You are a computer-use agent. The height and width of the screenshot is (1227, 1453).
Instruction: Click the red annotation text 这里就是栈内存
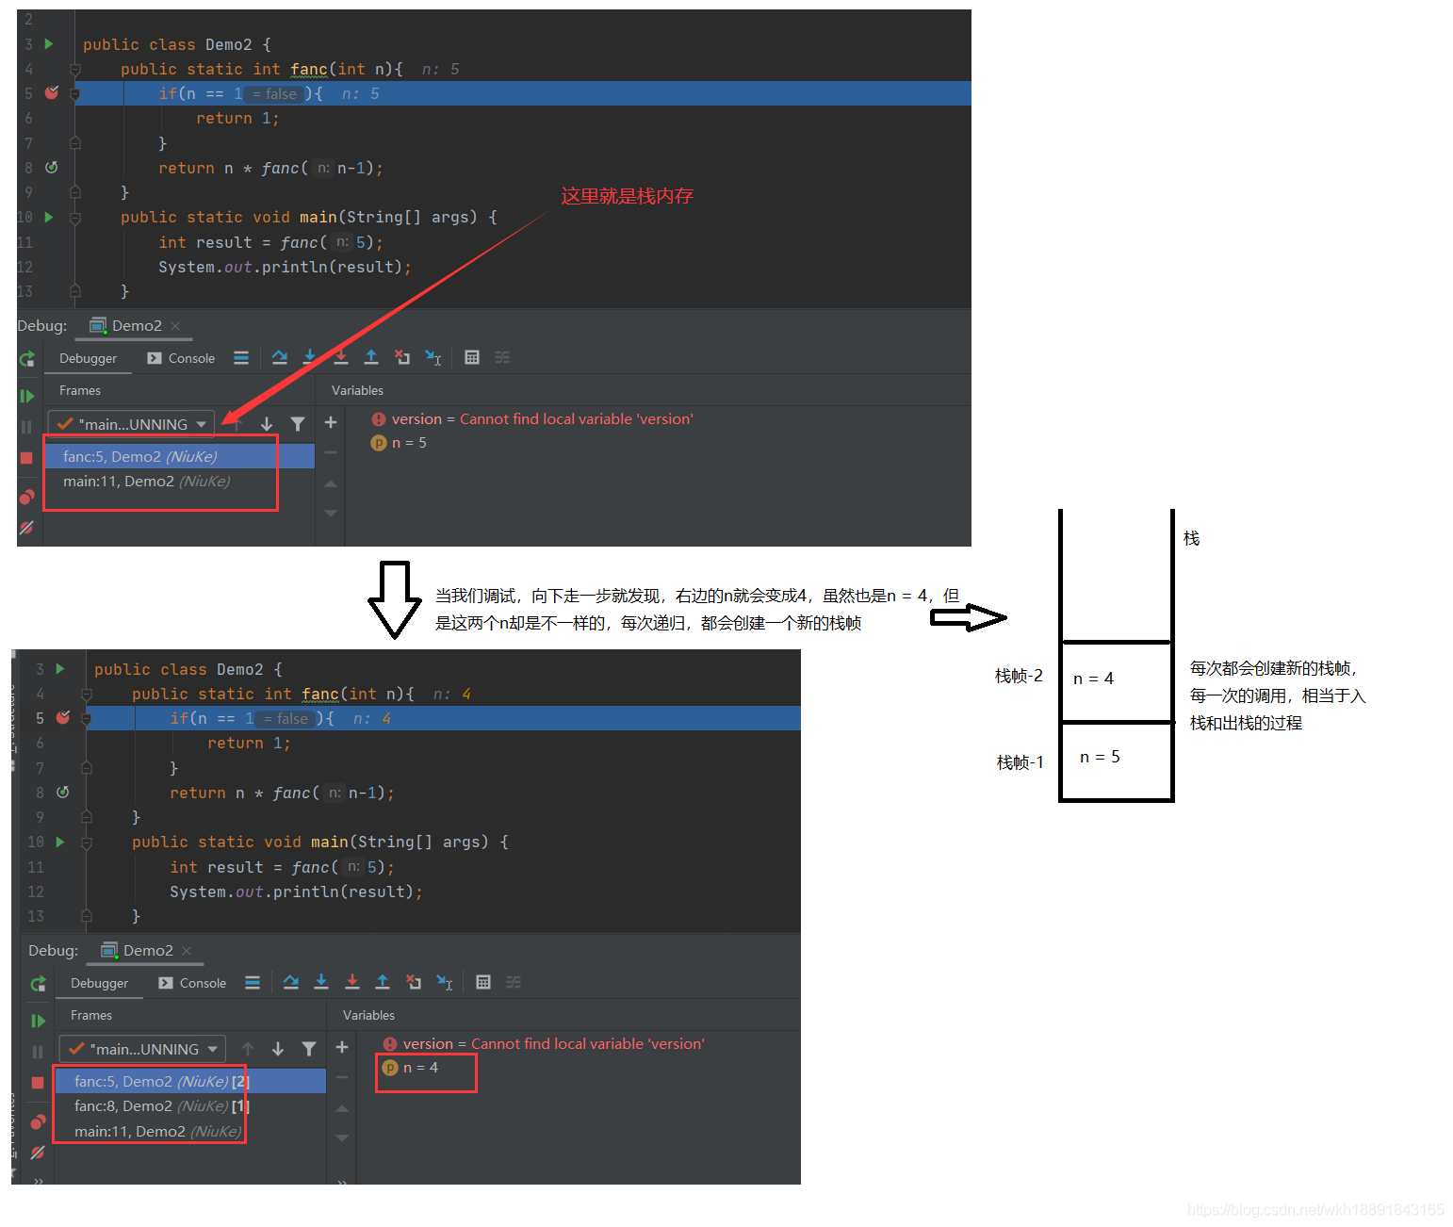[x=627, y=196]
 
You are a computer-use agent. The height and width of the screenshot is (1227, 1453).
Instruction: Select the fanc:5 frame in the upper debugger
[x=139, y=456]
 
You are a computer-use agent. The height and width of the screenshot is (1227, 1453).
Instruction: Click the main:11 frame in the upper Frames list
[x=146, y=482]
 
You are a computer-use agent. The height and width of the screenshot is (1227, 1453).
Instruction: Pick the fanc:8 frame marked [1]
[x=161, y=1105]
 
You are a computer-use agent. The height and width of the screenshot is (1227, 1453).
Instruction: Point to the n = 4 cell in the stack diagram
[x=1116, y=680]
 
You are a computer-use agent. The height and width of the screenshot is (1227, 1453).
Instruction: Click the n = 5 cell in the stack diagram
[x=1116, y=761]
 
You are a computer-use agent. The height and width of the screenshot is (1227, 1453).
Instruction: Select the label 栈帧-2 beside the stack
[x=1018, y=676]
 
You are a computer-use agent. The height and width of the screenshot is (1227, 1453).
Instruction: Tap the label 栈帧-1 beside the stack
[x=1020, y=762]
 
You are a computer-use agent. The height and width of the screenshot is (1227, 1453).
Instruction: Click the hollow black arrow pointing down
[x=394, y=599]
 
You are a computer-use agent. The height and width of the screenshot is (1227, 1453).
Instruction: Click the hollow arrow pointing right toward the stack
[x=968, y=617]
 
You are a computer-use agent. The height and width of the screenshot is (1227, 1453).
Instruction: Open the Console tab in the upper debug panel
[x=181, y=358]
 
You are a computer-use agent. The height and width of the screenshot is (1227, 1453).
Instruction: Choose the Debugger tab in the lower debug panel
[x=100, y=983]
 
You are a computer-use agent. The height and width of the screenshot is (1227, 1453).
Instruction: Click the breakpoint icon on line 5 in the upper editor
[x=52, y=92]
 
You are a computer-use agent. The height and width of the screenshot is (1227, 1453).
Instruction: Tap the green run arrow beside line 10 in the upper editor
[x=49, y=217]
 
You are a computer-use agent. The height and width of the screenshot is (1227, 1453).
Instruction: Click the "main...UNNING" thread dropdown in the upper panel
[x=132, y=424]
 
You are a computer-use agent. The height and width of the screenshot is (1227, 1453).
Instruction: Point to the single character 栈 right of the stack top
[x=1191, y=538]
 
